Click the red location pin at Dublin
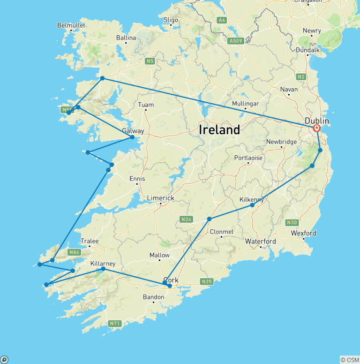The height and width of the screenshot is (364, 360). pyautogui.click(x=317, y=128)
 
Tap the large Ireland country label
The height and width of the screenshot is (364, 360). pyautogui.click(x=219, y=130)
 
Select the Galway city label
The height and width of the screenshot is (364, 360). pyautogui.click(x=133, y=131)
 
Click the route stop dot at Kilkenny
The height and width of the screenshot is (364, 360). pyautogui.click(x=252, y=205)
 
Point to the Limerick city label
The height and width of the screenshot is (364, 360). pyautogui.click(x=160, y=198)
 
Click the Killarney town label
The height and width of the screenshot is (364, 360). pyautogui.click(x=103, y=264)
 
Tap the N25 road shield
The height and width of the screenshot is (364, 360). pyautogui.click(x=207, y=281)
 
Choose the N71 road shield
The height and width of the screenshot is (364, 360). pyautogui.click(x=114, y=323)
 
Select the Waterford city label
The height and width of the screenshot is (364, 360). pyautogui.click(x=261, y=241)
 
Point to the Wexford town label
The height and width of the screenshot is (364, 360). pyautogui.click(x=303, y=233)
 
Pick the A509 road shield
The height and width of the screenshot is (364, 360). pyautogui.click(x=235, y=41)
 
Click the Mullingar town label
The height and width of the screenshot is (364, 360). pyautogui.click(x=245, y=103)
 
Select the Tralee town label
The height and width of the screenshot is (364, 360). pyautogui.click(x=90, y=241)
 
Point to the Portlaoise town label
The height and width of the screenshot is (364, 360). pyautogui.click(x=248, y=158)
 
